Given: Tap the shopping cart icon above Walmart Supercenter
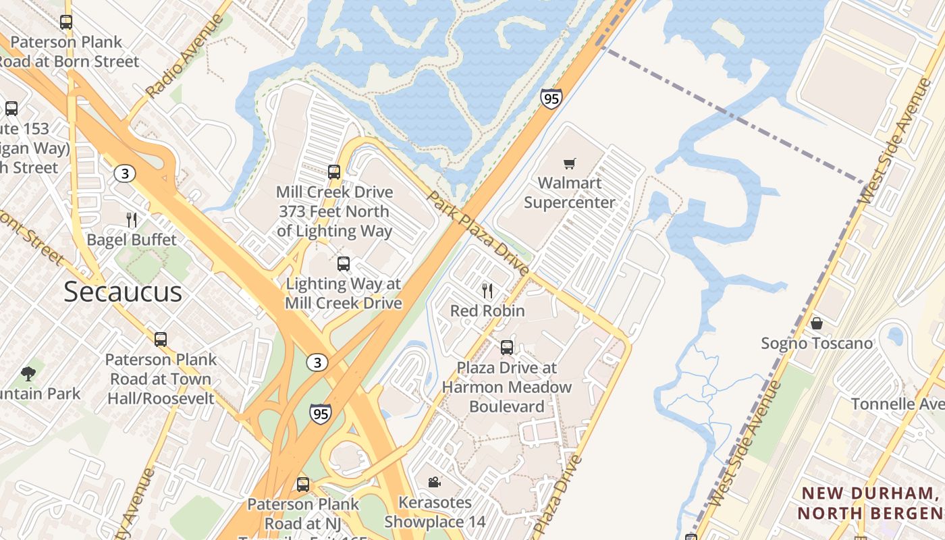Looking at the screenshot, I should tap(570, 163).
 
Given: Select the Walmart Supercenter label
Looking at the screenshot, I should tap(570, 192).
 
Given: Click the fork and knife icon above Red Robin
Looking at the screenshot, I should tap(487, 291).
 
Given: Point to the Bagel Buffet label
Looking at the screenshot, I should tap(132, 240).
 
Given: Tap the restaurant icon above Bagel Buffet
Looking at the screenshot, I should tap(132, 219).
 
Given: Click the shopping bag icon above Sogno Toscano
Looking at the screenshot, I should tap(817, 323).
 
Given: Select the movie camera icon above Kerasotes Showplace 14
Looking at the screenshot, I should tap(434, 482).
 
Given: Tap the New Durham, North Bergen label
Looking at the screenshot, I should tap(871, 503).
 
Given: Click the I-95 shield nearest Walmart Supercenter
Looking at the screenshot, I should tap(551, 99).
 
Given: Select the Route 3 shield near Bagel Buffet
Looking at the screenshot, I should tap(124, 173).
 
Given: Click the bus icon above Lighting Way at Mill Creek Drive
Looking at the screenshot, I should tap(344, 264).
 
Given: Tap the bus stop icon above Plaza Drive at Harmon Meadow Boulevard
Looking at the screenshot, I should tap(507, 348).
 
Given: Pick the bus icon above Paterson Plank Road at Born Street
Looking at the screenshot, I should tap(66, 22).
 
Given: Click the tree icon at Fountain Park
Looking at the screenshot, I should tap(28, 373).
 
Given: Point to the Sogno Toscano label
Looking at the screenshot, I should tap(817, 344).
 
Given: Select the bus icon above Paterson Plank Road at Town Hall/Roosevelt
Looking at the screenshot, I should tap(161, 340).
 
